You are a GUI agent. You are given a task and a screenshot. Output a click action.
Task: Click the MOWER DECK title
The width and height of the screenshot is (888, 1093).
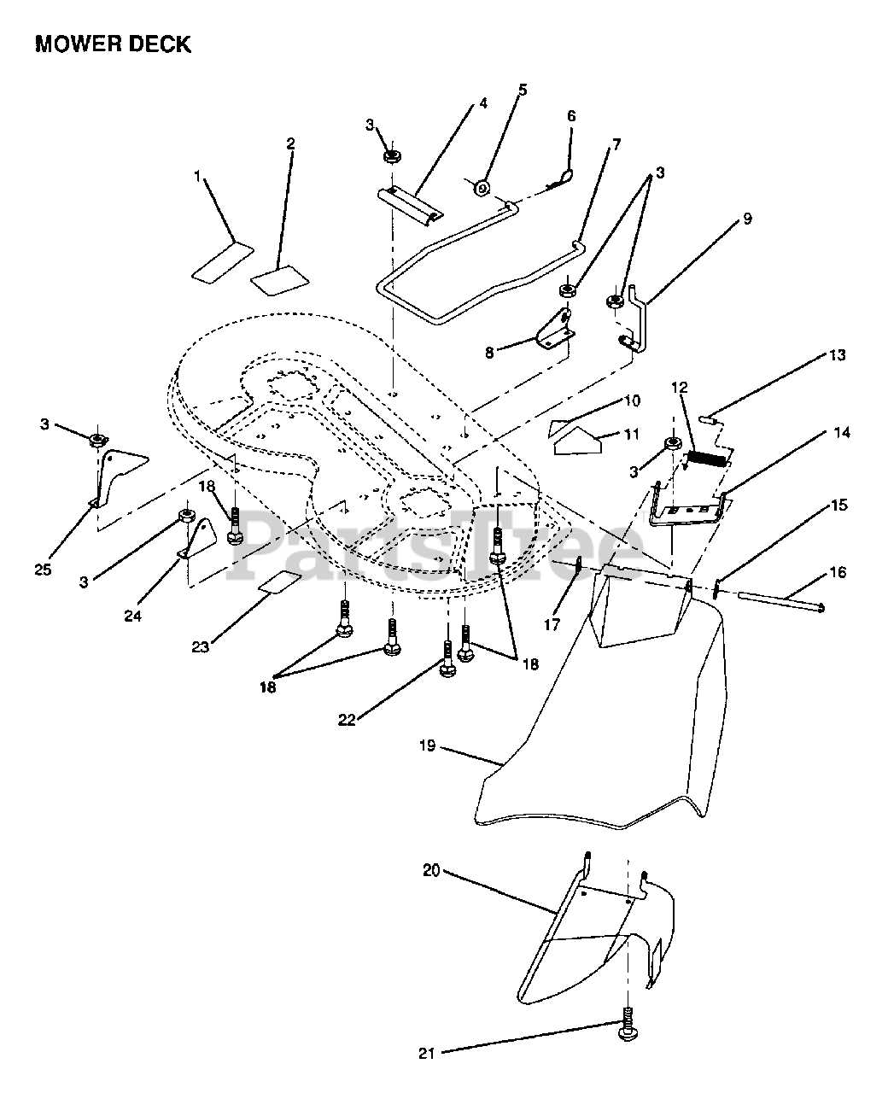(x=113, y=45)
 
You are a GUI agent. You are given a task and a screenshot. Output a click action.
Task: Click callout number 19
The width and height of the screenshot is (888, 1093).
(x=428, y=745)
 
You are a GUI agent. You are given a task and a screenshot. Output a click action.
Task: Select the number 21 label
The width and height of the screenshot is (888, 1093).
(x=427, y=1053)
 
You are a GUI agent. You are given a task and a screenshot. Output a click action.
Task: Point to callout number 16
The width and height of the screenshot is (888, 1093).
(x=837, y=572)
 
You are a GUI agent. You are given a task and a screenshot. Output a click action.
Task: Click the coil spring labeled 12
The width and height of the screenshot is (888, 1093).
(x=708, y=459)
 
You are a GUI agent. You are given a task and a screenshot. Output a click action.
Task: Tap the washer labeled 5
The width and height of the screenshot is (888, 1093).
(x=482, y=187)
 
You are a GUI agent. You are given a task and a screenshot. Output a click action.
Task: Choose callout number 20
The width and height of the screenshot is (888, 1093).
(x=431, y=871)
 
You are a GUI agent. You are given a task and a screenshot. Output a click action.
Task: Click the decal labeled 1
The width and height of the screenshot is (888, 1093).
(x=220, y=263)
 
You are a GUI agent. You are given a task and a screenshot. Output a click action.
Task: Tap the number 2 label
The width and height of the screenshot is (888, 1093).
(x=290, y=143)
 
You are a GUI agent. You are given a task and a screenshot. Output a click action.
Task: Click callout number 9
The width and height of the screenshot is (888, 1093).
(x=747, y=219)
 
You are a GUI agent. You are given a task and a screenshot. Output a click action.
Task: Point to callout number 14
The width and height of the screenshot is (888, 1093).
(x=842, y=433)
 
